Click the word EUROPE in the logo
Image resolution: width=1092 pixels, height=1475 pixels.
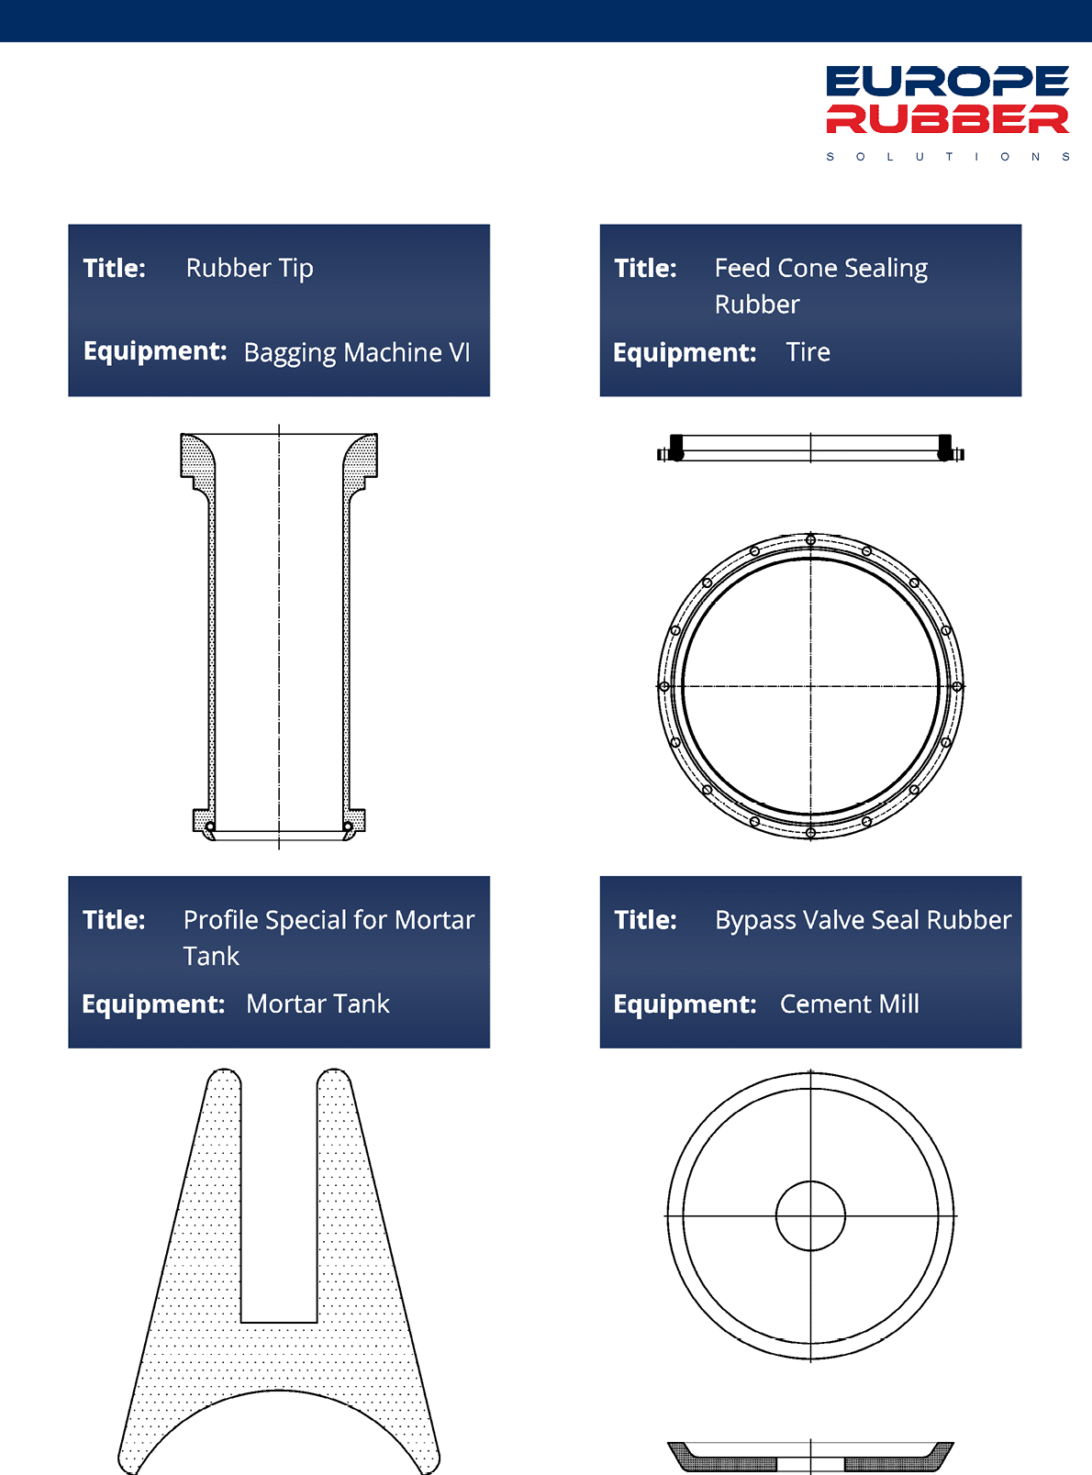tap(948, 81)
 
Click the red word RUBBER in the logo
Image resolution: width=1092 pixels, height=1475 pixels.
tap(948, 118)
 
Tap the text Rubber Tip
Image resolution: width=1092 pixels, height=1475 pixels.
tap(250, 269)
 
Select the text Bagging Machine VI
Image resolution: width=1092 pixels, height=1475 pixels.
tap(357, 352)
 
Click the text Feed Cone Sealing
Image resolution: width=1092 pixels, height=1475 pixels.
tap(821, 269)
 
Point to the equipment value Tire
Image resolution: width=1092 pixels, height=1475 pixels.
tap(808, 352)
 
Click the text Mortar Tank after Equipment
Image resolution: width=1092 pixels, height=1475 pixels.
tap(318, 1004)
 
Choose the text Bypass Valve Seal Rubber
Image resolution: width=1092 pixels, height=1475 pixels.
tap(864, 920)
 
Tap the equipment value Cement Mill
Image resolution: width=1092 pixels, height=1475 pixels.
tap(849, 1004)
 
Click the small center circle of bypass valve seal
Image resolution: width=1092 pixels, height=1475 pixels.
tap(810, 1181)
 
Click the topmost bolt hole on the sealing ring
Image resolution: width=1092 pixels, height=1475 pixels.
tap(810, 540)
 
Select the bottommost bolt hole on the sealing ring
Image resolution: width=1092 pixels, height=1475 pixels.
tap(810, 832)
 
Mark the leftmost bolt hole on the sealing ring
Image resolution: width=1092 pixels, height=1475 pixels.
tap(664, 685)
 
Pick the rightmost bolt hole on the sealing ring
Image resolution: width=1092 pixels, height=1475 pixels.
tap(957, 685)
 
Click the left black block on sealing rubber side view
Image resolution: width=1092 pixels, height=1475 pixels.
tap(676, 447)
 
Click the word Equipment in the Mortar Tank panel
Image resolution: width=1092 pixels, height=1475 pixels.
tap(153, 1004)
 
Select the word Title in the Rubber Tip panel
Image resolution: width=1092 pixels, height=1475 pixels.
tap(114, 268)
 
